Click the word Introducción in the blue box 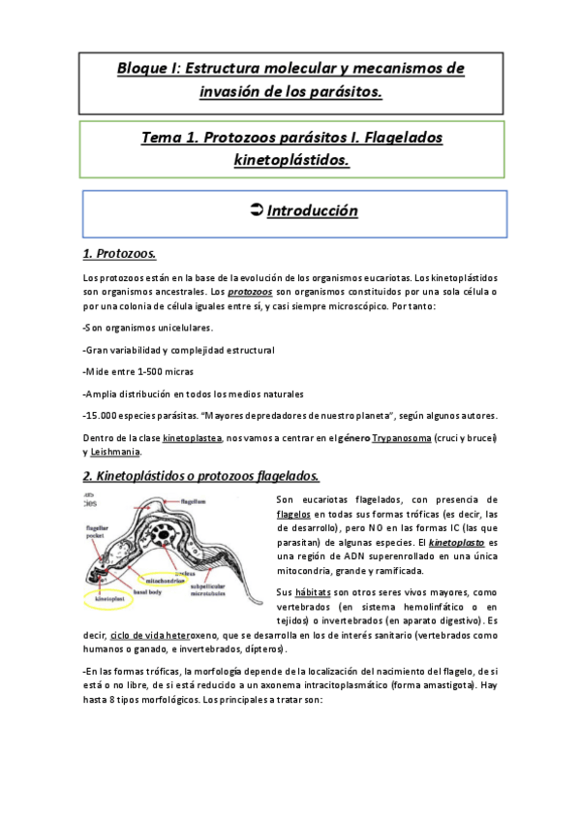click(x=312, y=211)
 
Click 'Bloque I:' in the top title click(x=148, y=69)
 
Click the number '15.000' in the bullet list click(x=106, y=416)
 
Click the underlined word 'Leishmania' click(x=117, y=452)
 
